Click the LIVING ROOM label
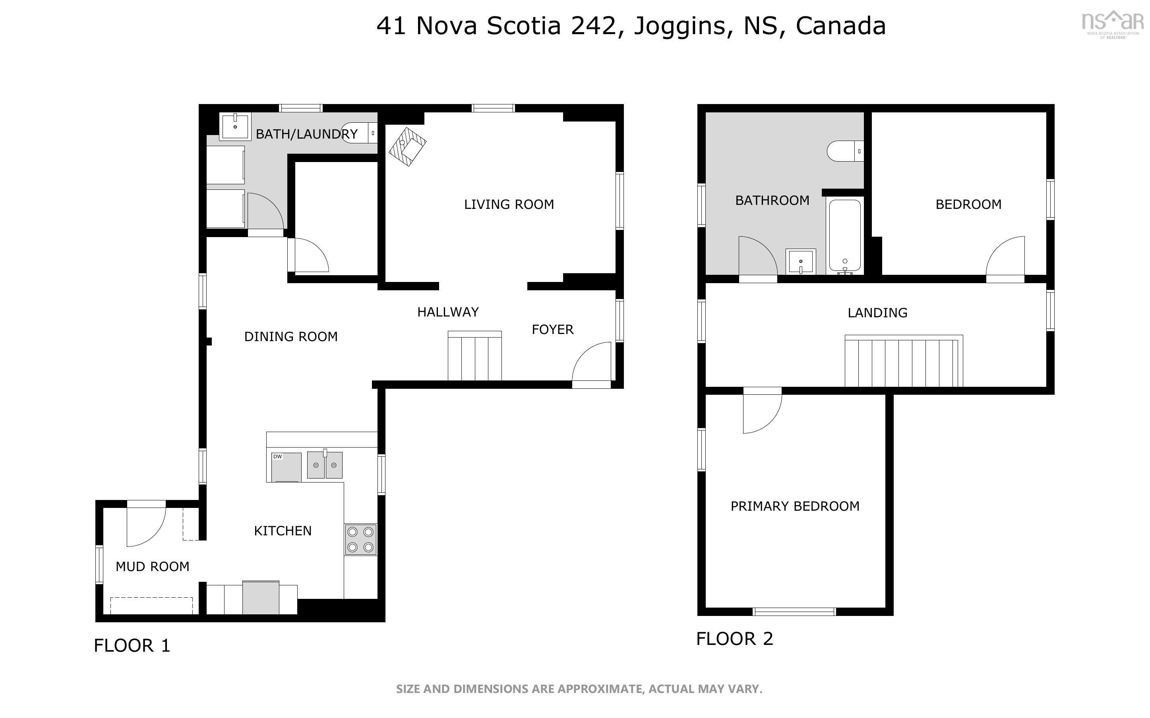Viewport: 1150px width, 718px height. pyautogui.click(x=509, y=204)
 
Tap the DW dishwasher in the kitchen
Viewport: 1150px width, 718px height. pyautogui.click(x=286, y=467)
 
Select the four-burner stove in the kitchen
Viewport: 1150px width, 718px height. pyautogui.click(x=360, y=539)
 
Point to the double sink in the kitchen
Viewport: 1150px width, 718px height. pyautogui.click(x=325, y=464)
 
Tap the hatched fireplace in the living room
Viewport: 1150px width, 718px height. pyautogui.click(x=407, y=146)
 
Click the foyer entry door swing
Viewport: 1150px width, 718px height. pyautogui.click(x=591, y=365)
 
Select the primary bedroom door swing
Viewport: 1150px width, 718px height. pyautogui.click(x=762, y=410)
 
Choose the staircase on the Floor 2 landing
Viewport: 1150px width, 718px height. pyautogui.click(x=904, y=361)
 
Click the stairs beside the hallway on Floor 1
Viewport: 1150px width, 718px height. pyautogui.click(x=474, y=356)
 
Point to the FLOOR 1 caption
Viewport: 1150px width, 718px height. pyautogui.click(x=132, y=646)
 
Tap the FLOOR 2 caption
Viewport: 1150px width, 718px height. pyautogui.click(x=734, y=639)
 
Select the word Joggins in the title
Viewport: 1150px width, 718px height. pyautogui.click(x=680, y=27)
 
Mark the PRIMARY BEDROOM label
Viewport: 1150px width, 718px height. pyautogui.click(x=795, y=506)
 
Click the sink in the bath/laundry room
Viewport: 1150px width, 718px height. pyautogui.click(x=235, y=126)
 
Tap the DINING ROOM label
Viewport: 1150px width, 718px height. pyautogui.click(x=291, y=337)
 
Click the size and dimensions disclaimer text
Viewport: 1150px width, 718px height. pyautogui.click(x=579, y=689)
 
